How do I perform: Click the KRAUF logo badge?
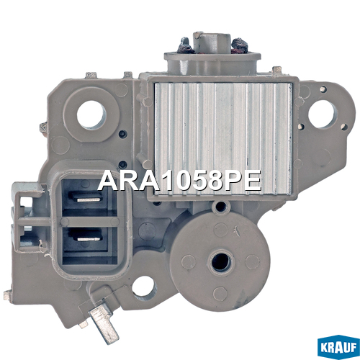[338, 348]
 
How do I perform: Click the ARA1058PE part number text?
[179, 181]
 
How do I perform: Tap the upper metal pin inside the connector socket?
[88, 199]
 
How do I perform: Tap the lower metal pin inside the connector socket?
[88, 239]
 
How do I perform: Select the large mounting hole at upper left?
[91, 114]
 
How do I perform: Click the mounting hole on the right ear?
[323, 114]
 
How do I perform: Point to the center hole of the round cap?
[221, 261]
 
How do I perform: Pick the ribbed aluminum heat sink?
[223, 138]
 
